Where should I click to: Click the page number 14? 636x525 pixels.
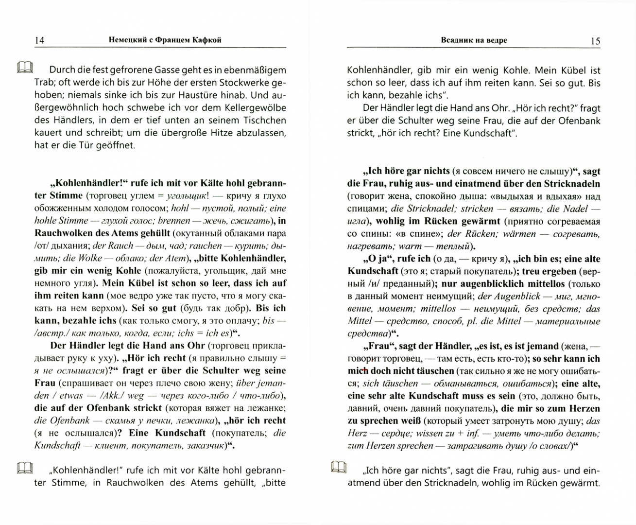tap(39, 40)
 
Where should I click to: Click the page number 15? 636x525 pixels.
tap(595, 41)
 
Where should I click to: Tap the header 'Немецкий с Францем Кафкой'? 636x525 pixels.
tap(165, 40)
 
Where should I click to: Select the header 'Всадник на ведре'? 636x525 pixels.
tap(474, 40)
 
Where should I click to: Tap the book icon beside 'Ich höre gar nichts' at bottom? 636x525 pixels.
tap(339, 468)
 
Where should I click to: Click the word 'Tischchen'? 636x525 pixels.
tap(265, 120)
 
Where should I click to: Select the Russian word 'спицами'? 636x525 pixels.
tap(364, 209)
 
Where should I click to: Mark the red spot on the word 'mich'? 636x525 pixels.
tap(364, 370)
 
